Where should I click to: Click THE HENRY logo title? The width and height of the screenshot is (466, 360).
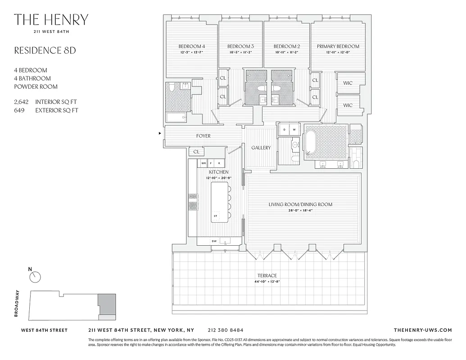(x=51, y=20)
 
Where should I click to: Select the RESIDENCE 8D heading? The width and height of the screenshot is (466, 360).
(x=45, y=50)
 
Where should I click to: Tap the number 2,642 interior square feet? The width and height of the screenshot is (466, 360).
(x=21, y=102)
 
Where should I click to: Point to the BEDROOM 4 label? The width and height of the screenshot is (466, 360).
(x=191, y=46)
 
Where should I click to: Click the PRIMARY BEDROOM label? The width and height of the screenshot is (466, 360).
(x=338, y=46)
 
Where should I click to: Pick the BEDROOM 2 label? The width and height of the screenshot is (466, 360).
(x=286, y=46)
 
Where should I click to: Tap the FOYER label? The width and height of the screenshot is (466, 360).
(x=203, y=136)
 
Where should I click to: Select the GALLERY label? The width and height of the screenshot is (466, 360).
(x=261, y=148)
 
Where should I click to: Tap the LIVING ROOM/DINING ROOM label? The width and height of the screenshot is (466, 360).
(x=300, y=204)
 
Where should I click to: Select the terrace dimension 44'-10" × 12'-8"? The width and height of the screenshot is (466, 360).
(x=267, y=282)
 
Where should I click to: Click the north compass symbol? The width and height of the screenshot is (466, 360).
(x=35, y=277)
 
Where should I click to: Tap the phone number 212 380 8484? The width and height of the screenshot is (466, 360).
(x=226, y=330)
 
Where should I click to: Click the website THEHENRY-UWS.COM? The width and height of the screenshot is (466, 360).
(x=422, y=330)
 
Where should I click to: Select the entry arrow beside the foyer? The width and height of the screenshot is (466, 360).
(x=160, y=133)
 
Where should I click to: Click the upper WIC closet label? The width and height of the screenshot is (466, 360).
(x=348, y=83)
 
